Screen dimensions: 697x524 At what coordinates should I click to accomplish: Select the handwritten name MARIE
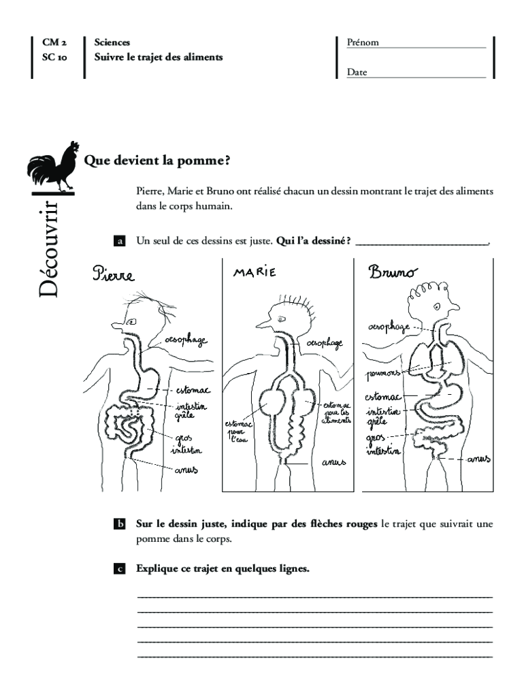255,272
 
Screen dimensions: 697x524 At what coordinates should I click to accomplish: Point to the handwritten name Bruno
393,273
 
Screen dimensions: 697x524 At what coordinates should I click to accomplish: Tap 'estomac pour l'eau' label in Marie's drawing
238,431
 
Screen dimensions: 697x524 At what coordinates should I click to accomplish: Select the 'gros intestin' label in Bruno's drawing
384,444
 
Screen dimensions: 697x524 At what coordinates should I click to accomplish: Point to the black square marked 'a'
119,241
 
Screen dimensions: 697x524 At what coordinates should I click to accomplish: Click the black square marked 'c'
119,569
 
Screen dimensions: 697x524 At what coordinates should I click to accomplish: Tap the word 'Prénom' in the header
363,42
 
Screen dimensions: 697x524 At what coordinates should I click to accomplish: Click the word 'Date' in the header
357,71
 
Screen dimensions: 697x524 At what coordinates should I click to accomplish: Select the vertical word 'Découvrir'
51,248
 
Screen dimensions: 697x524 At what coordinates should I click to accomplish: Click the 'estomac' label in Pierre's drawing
193,391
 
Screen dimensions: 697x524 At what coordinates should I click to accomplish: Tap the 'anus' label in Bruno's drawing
478,459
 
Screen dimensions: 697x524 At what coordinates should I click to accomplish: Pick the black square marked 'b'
119,525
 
